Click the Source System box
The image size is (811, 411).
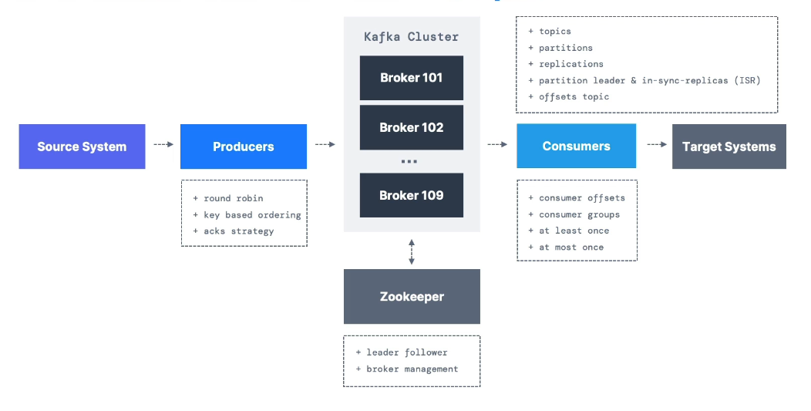pyautogui.click(x=82, y=147)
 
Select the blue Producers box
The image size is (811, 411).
pyautogui.click(x=243, y=147)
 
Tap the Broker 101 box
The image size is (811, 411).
pyautogui.click(x=411, y=78)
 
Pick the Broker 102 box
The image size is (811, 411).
pyautogui.click(x=411, y=128)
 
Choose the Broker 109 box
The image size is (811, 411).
pyautogui.click(x=411, y=195)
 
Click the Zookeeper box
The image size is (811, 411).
pyautogui.click(x=412, y=296)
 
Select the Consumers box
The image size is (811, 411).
pyautogui.click(x=576, y=147)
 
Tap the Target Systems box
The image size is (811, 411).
pyautogui.click(x=729, y=147)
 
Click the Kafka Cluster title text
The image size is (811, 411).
pyautogui.click(x=411, y=37)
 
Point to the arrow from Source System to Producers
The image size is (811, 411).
pyautogui.click(x=163, y=144)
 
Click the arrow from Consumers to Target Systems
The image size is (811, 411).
pyautogui.click(x=656, y=144)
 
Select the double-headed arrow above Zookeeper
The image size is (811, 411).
pyautogui.click(x=412, y=251)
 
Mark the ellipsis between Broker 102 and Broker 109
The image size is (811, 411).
pyautogui.click(x=409, y=162)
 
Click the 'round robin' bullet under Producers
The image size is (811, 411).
pyautogui.click(x=233, y=198)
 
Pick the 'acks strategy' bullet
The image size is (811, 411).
pyautogui.click(x=238, y=231)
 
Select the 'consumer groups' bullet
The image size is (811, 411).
pyautogui.click(x=579, y=214)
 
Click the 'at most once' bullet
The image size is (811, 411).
pyautogui.click(x=571, y=247)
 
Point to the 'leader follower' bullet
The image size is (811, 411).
pyautogui.click(x=406, y=352)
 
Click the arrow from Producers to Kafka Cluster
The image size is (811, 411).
pyautogui.click(x=325, y=144)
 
